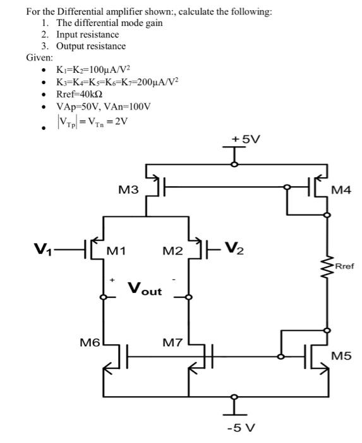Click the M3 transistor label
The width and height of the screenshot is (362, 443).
point(128,189)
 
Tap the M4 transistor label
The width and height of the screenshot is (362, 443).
point(341,190)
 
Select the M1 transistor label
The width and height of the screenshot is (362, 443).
point(116,251)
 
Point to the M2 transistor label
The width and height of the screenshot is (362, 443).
point(173,251)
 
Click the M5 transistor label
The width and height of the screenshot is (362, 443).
point(341,356)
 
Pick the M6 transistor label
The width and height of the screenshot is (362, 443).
point(90,343)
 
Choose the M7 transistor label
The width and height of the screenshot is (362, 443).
point(173,343)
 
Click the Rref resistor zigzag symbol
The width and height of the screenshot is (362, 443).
point(327,266)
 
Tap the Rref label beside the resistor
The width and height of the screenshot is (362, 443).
point(345,266)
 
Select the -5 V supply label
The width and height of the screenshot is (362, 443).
point(241,428)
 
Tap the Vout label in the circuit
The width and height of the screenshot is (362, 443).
point(145,289)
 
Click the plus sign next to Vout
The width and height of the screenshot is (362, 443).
point(112,280)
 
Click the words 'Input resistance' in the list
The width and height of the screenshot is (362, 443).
point(88,34)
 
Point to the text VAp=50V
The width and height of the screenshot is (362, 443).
point(78,107)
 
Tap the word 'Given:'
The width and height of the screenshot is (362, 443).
point(39,58)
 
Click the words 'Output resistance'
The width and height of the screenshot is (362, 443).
point(91,46)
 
